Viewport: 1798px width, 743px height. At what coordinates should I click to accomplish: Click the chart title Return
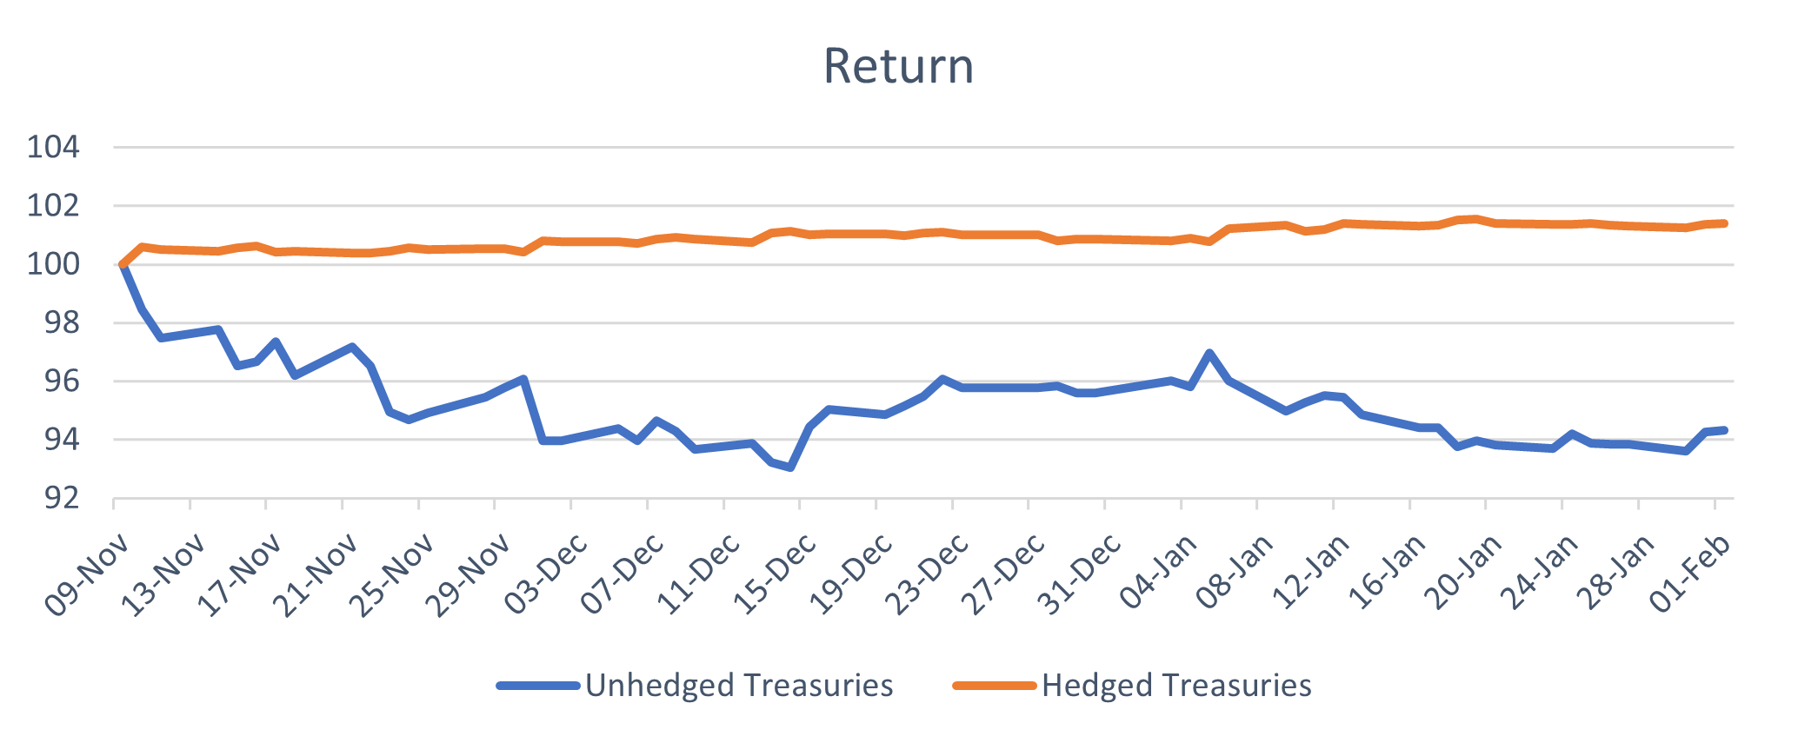(x=898, y=66)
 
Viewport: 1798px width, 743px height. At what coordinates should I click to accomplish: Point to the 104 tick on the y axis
(x=54, y=148)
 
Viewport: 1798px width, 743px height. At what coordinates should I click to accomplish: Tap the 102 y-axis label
(x=54, y=206)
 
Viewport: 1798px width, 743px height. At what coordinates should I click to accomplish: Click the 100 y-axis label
(x=54, y=264)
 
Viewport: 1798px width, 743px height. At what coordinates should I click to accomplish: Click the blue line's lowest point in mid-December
(x=789, y=468)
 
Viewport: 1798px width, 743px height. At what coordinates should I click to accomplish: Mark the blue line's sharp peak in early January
(x=1209, y=353)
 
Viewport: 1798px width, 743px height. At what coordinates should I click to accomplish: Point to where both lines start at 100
(x=123, y=264)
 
